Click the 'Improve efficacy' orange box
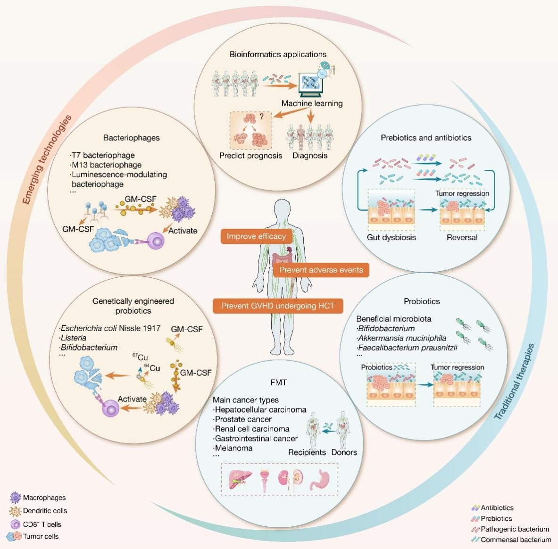(257, 237)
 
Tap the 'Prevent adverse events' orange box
(321, 270)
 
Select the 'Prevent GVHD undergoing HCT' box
(277, 306)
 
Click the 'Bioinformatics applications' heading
(278, 54)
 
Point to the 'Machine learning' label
(312, 103)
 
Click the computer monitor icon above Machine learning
(311, 83)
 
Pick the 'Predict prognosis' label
(250, 155)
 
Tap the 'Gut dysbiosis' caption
(391, 237)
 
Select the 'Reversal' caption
(462, 237)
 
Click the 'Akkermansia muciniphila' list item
(401, 338)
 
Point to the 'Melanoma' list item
(233, 448)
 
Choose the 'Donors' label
(344, 452)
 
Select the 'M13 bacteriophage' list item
(106, 165)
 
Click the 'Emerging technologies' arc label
(47, 160)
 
